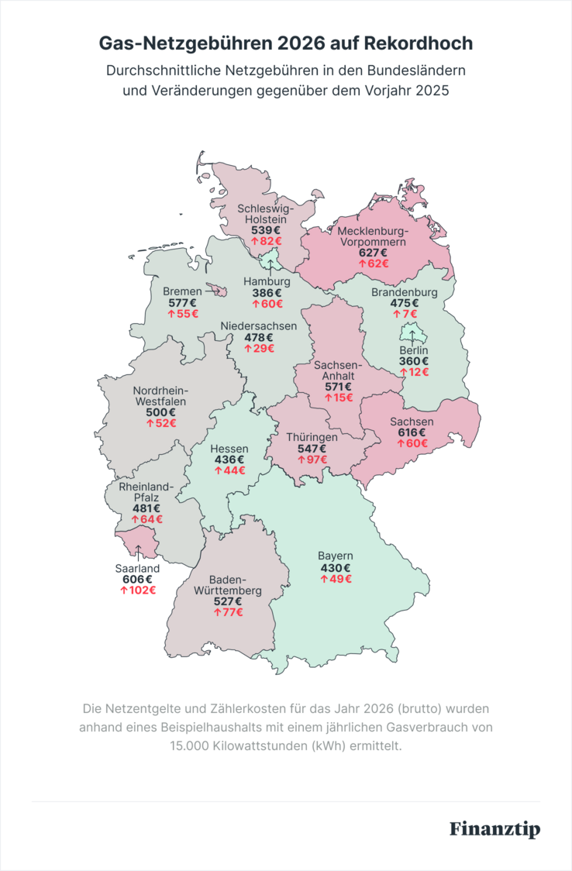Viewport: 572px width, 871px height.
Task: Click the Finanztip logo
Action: click(494, 828)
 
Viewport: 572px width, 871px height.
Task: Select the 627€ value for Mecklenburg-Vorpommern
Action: click(373, 252)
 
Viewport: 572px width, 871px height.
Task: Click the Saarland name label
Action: click(137, 568)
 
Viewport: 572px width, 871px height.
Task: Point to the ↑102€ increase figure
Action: click(137, 590)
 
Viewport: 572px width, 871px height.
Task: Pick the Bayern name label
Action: click(336, 556)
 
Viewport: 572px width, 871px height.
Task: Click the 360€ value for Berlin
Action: click(414, 361)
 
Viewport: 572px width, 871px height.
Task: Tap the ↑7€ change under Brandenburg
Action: click(405, 314)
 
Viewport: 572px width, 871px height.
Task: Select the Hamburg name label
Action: click(267, 281)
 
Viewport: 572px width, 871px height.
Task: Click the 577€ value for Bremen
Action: click(182, 303)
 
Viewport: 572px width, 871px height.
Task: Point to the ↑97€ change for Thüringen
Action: click(312, 460)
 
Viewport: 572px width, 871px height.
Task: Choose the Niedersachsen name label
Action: click(258, 326)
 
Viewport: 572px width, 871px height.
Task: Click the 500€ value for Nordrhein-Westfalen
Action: click(160, 412)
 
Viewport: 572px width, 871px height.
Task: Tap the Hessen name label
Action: click(229, 449)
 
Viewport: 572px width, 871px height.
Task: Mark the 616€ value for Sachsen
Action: click(412, 432)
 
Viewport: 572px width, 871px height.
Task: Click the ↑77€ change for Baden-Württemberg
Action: click(229, 612)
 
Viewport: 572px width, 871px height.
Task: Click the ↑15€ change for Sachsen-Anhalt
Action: click(338, 398)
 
